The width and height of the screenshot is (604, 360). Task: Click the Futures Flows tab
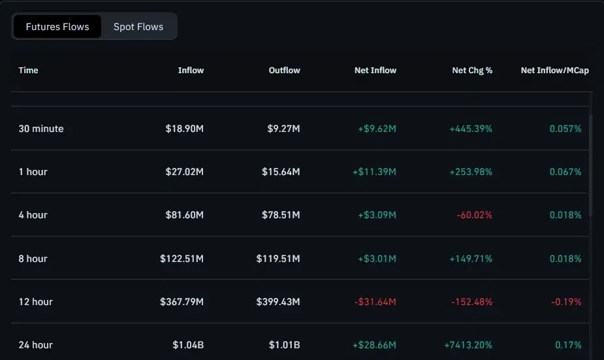point(57,27)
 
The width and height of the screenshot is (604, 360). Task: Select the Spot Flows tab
point(138,27)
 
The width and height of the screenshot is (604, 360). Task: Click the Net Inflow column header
point(375,70)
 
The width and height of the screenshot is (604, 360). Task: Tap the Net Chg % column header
point(472,70)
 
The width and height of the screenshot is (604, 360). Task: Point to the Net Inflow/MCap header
point(554,70)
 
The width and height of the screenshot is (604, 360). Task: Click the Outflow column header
point(284,70)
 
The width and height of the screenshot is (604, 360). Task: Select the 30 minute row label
point(41,129)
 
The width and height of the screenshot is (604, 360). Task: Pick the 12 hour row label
point(35,302)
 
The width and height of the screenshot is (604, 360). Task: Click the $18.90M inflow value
point(185,129)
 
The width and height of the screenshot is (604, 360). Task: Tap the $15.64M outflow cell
point(281,172)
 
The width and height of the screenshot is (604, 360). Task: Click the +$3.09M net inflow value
point(377,215)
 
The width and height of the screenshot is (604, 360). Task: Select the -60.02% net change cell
point(474,215)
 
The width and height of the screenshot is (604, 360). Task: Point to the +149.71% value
point(471,259)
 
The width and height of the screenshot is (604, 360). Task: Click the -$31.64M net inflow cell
point(375,302)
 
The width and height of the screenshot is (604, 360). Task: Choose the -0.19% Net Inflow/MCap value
point(566,302)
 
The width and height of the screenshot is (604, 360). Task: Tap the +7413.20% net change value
point(468,345)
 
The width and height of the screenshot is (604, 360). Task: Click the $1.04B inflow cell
point(188,345)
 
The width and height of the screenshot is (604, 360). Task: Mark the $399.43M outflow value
point(278,302)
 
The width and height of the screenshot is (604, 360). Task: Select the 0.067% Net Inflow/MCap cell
point(565,172)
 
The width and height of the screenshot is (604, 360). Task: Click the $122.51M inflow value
point(182,259)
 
